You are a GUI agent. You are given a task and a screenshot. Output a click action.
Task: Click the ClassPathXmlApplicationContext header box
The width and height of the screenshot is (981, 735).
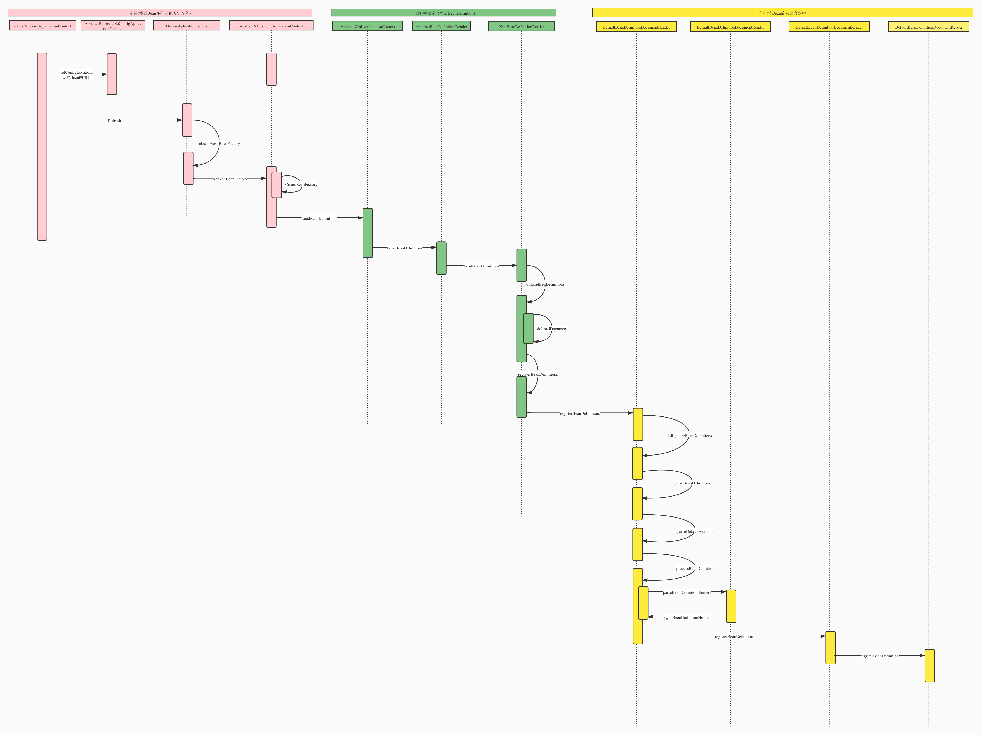point(43,26)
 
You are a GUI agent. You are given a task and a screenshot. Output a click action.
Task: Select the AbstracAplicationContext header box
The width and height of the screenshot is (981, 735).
point(187,26)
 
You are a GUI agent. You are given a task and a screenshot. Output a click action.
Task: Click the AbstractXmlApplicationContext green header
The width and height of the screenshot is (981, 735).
point(368,27)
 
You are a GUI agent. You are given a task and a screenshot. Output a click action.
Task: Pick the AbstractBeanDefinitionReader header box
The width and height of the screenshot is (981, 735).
point(441,27)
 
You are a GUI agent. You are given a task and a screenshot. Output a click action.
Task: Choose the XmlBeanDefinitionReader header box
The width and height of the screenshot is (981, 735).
point(522,27)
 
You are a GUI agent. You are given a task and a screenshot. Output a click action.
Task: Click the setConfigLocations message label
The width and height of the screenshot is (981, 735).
point(77,72)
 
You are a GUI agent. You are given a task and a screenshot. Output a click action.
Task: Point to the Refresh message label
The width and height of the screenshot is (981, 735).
point(114,121)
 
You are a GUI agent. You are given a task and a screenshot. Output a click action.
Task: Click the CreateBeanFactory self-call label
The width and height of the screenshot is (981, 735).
point(301,184)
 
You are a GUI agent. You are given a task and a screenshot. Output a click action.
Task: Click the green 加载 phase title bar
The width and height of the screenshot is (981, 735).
point(443,13)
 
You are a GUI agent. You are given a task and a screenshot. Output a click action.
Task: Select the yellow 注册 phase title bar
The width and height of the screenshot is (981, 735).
point(782,13)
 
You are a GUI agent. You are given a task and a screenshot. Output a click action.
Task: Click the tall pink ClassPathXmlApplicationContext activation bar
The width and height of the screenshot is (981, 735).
point(42,146)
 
